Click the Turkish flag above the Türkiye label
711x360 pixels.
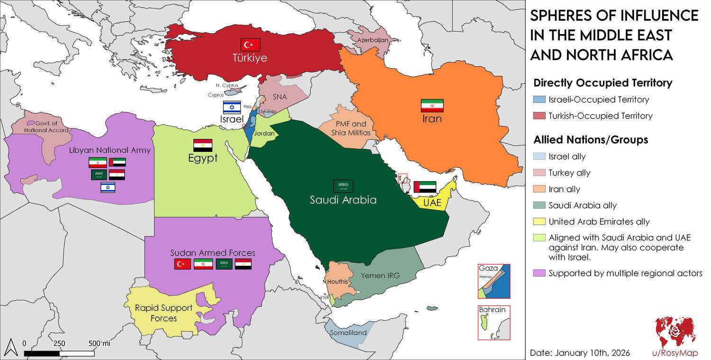pos(250,45)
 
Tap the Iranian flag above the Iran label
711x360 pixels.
pos(432,105)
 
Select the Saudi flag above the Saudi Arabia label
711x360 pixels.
pos(343,186)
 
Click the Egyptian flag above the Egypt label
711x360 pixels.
pos(202,145)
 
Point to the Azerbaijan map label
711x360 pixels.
pos(373,40)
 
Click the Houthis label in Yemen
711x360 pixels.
pos(337,282)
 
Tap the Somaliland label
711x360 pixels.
pos(348,333)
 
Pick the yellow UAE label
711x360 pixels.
pos(432,203)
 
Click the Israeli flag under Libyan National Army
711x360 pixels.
pos(108,188)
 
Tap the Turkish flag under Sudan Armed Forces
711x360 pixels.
pos(182,264)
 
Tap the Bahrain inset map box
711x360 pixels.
pos(493,323)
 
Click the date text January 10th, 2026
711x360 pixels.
pos(580,353)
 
